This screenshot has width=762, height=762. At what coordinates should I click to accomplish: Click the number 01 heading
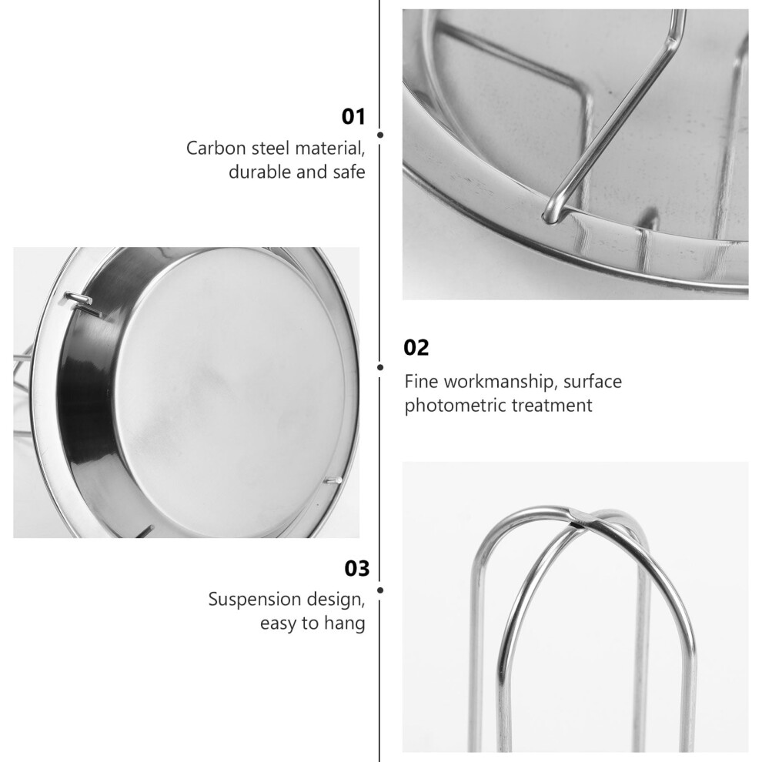point(353,117)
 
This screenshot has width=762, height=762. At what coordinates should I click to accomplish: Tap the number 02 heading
point(416,348)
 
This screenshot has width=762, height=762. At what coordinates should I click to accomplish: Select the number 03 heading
point(356,568)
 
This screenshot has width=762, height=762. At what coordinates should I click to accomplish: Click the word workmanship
point(499,382)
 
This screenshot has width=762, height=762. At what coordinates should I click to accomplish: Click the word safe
point(349,172)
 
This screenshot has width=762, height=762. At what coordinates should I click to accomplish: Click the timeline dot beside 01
point(380,135)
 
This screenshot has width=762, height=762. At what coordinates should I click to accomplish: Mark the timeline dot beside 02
point(380,367)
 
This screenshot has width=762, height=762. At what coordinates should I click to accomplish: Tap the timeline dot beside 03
point(380,590)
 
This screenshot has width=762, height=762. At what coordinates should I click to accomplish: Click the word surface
point(593,382)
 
